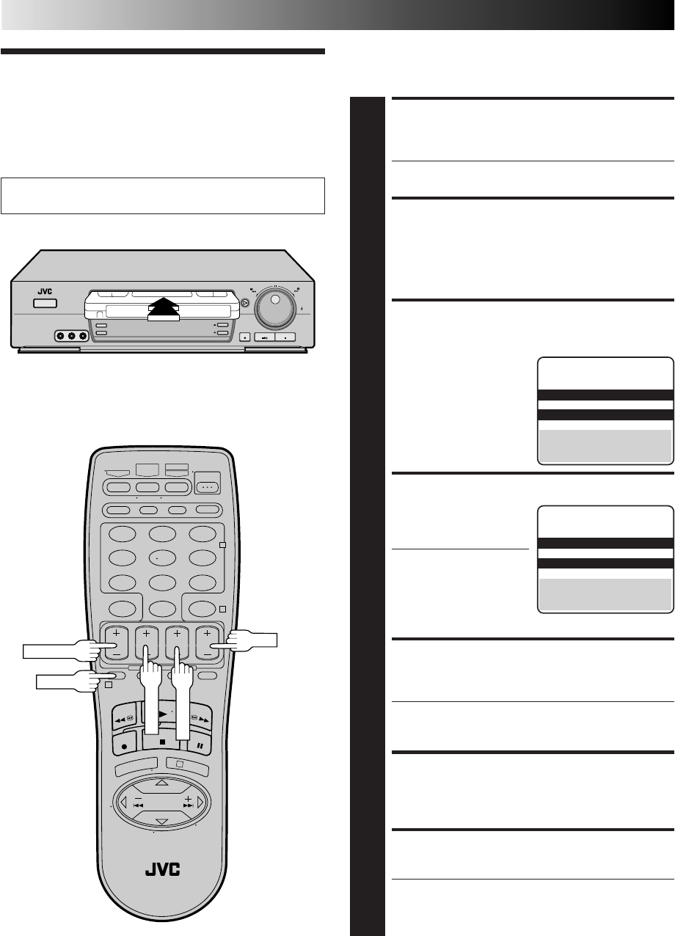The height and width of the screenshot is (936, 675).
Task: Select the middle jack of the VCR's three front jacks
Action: point(71,336)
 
